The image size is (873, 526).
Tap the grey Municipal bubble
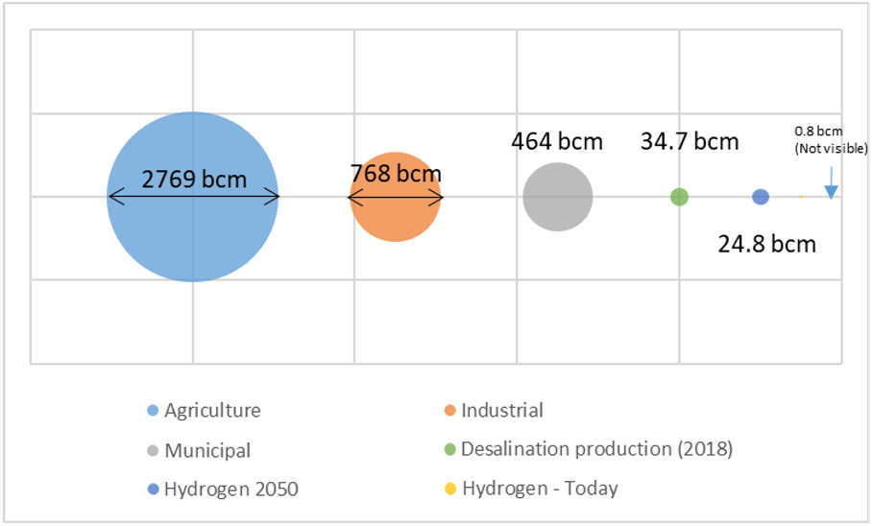[x=557, y=198]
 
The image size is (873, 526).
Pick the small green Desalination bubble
[x=679, y=197]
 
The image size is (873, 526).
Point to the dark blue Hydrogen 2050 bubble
[x=761, y=197]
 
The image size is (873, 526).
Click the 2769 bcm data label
[x=194, y=179]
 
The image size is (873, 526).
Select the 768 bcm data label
[x=395, y=174]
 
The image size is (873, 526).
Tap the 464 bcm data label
[x=556, y=142]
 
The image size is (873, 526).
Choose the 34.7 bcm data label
[x=690, y=142]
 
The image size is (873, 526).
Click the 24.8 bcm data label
[x=766, y=244]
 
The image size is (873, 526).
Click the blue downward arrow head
[x=831, y=191]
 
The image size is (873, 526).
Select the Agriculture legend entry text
[x=212, y=411]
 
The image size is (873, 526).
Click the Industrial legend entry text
[x=502, y=411]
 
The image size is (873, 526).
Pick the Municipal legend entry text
[x=207, y=450]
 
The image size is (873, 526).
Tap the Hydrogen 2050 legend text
[x=231, y=490]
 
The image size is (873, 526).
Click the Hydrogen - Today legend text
[x=540, y=489]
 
